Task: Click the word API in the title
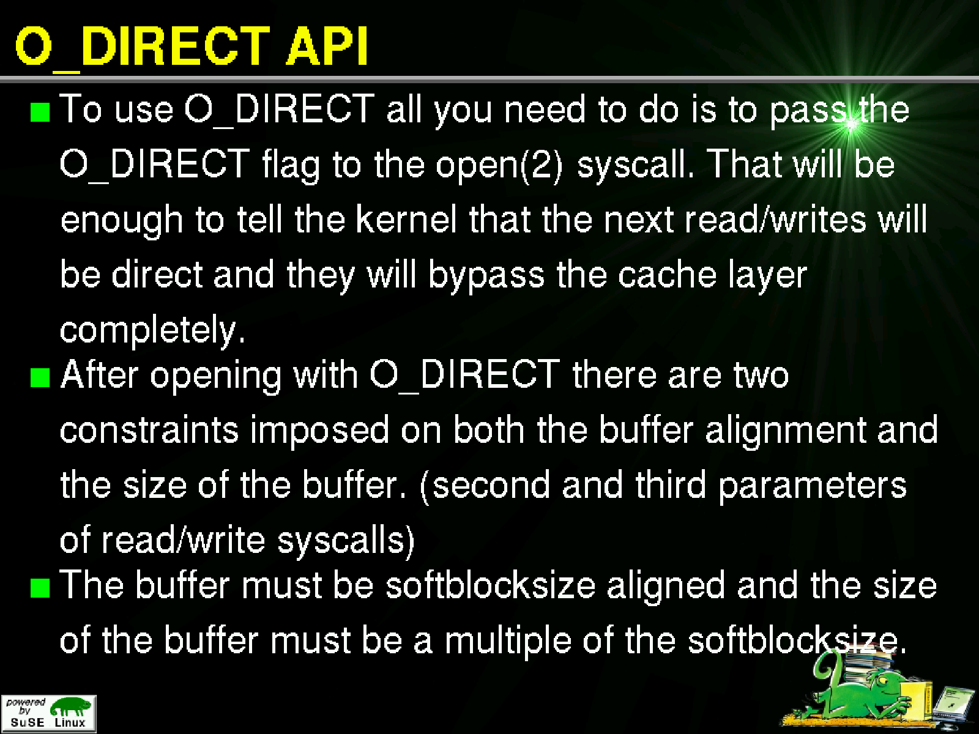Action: tap(327, 45)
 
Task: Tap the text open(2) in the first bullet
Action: tap(499, 166)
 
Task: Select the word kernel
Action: tap(406, 219)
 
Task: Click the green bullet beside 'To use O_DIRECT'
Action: tap(40, 112)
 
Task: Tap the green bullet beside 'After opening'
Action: tap(40, 377)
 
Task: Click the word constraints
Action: tap(149, 431)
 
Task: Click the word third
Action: tap(671, 484)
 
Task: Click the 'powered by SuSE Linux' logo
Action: tap(48, 713)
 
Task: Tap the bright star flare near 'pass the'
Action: tap(850, 125)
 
